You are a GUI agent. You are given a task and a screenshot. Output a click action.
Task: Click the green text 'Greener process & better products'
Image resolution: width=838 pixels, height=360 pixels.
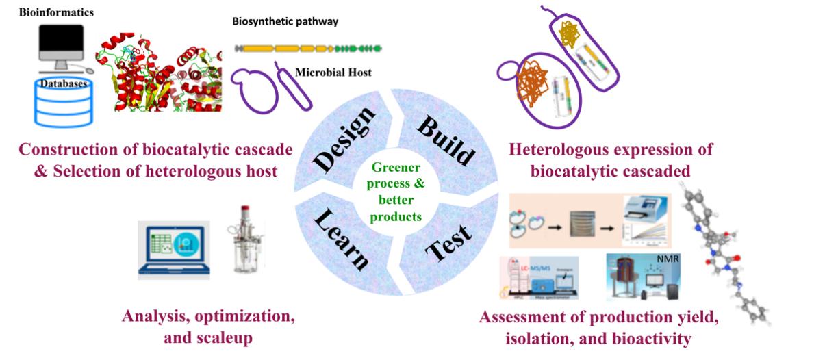tap(398, 191)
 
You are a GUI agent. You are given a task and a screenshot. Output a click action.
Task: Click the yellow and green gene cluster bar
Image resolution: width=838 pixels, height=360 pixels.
tap(308, 49)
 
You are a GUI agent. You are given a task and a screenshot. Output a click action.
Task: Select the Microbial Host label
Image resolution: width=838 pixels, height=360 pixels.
tap(333, 72)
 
